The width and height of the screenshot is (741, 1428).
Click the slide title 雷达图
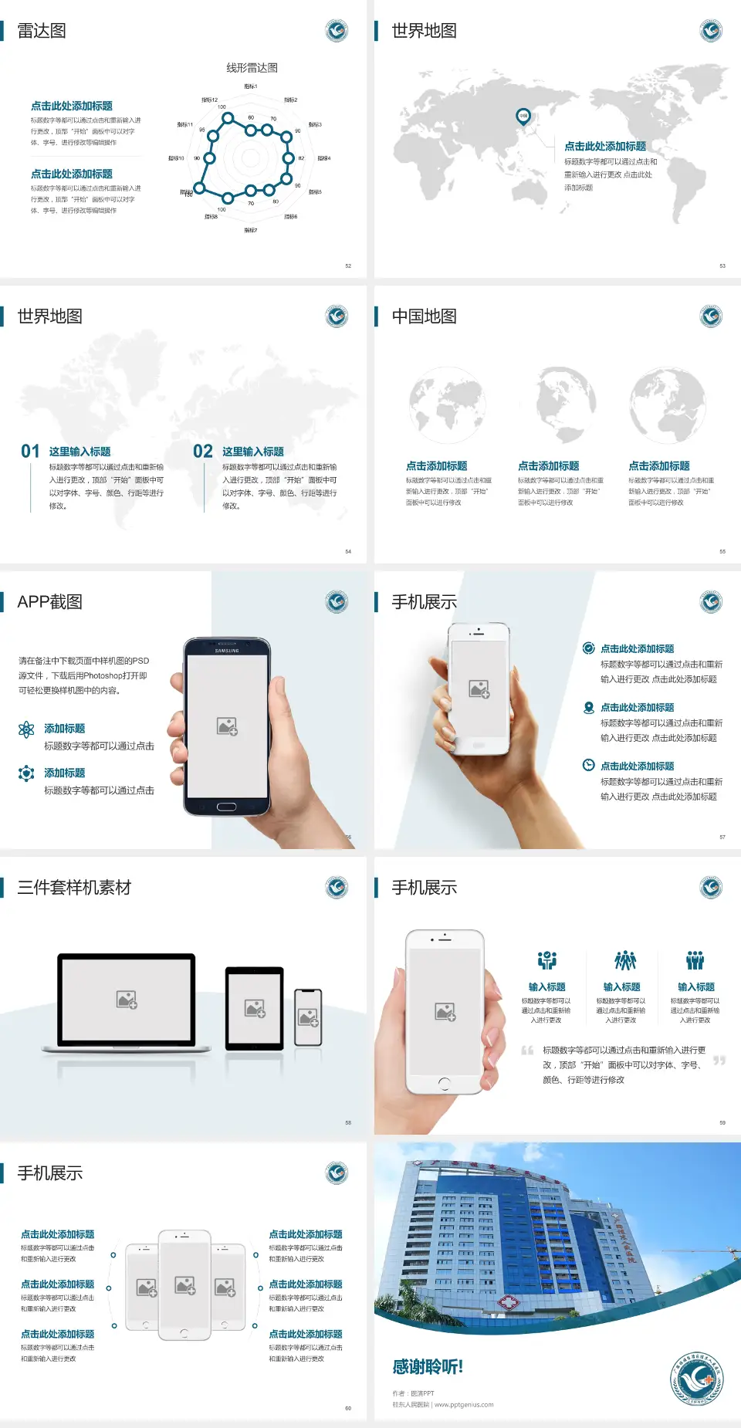pos(42,31)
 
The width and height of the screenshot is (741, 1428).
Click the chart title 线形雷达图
pos(252,68)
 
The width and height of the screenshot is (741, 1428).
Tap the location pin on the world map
pos(523,116)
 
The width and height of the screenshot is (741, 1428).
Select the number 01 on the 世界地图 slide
pos(30,452)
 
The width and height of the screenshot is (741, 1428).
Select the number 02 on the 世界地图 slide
pos(203,452)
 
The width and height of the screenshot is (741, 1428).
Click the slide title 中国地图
pos(424,316)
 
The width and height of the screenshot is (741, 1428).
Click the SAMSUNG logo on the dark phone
pos(227,651)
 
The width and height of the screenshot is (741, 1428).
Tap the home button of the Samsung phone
pos(226,807)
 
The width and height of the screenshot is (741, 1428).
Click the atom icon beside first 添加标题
pos(26,729)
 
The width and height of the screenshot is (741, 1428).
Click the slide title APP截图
pos(49,602)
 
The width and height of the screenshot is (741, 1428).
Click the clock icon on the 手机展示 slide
pos(588,765)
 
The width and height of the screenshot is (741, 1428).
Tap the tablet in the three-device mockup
pos(255,1007)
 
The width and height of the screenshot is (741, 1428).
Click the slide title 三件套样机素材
pos(74,888)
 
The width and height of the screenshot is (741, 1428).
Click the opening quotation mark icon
pos(527,1050)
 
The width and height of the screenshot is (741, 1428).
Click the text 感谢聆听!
pos(428,1367)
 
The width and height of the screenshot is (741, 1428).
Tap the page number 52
pos(348,266)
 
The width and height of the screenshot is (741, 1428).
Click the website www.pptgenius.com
pos(463,1405)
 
